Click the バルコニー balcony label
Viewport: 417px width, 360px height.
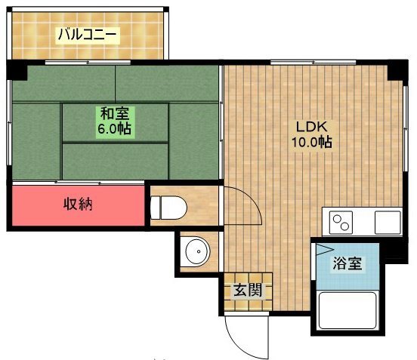click(87, 35)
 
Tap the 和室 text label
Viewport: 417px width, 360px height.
click(115, 114)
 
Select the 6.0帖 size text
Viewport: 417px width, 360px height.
click(115, 129)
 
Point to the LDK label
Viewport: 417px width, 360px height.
click(311, 127)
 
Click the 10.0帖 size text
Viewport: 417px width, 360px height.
click(312, 142)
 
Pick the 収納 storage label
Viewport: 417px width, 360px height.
click(78, 205)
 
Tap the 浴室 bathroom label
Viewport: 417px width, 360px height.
click(347, 264)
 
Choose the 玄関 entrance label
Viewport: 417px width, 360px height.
click(248, 290)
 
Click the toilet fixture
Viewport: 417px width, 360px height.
click(168, 208)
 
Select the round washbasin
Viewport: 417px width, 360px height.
click(198, 251)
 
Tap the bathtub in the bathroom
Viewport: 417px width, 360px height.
click(348, 310)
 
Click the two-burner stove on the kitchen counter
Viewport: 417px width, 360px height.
click(341, 223)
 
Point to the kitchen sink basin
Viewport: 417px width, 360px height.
click(388, 223)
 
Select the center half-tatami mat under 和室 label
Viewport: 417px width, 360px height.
click(115, 122)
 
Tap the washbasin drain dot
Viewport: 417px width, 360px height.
click(199, 251)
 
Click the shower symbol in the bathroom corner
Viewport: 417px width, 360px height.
click(324, 250)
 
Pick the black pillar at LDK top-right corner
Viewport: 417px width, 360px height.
click(397, 70)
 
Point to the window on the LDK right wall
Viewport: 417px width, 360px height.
click(406, 128)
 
